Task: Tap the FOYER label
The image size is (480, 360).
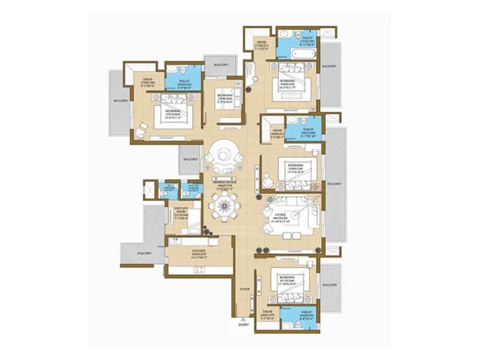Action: pos(244,289)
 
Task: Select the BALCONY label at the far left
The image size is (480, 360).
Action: pos(120,100)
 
